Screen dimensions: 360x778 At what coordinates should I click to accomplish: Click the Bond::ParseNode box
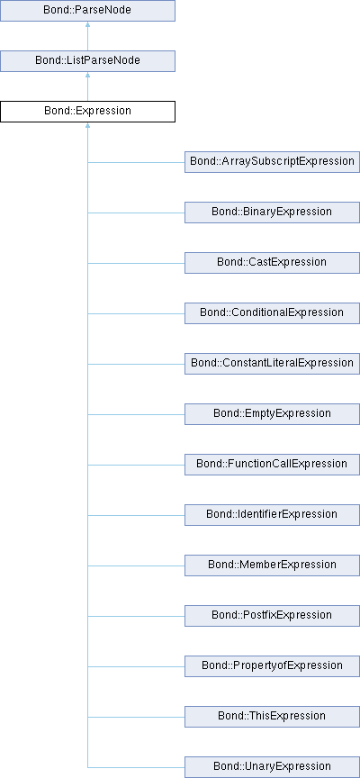87,11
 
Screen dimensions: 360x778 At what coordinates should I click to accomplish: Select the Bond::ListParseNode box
87,61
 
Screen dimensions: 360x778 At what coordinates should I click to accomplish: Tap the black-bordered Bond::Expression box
87,111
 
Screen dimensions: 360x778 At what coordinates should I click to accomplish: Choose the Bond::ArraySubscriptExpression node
272,162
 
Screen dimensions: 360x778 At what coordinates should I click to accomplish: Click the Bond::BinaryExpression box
272,213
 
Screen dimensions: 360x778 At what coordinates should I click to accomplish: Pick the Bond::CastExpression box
272,262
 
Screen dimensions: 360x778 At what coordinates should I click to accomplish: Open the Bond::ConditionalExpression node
272,313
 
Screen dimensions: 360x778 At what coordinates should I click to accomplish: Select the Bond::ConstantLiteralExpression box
272,363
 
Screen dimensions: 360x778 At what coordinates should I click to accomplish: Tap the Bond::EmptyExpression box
272,414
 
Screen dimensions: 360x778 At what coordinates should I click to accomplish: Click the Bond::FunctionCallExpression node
272,465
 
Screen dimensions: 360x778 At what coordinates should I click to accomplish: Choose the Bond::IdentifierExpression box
272,514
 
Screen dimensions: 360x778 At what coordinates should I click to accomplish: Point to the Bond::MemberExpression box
272,565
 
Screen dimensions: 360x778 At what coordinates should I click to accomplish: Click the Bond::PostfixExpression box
272,615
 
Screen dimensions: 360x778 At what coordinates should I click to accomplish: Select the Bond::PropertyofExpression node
272,665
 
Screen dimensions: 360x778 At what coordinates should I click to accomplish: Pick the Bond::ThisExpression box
272,717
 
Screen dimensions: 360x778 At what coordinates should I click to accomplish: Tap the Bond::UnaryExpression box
272,766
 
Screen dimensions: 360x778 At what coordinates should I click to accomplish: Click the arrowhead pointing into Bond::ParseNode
88,24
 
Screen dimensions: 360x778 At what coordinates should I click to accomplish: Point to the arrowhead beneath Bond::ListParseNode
88,75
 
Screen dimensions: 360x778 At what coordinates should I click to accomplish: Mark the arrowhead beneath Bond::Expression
88,125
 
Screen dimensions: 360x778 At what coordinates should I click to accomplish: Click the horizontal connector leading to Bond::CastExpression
136,263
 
